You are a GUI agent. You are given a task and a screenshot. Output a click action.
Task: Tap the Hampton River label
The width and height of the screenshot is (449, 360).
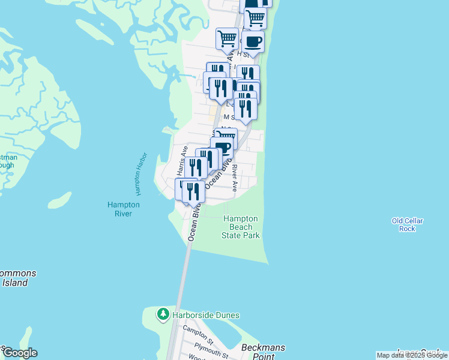pos(124,209)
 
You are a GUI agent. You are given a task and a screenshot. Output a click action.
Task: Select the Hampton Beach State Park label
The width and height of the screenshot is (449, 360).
pos(241,227)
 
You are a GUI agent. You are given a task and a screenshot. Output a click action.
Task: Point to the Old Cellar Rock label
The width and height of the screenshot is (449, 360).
pos(408,224)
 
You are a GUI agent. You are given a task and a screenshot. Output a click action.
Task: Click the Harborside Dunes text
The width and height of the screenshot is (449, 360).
pos(206,315)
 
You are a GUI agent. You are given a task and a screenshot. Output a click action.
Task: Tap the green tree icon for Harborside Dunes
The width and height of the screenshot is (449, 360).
pos(163,314)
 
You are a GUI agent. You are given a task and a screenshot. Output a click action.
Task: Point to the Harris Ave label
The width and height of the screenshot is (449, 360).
pos(180,160)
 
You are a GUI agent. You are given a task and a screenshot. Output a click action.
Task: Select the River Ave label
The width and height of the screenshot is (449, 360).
pos(235,178)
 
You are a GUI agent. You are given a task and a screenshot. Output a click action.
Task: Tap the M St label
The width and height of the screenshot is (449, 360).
pos(228,118)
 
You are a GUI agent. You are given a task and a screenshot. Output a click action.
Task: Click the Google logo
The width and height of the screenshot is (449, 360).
pos(20,353)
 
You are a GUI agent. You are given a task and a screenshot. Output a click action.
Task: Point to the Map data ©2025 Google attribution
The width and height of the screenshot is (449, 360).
pos(412,355)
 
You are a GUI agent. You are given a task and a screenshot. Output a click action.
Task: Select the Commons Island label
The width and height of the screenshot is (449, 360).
pos(16,278)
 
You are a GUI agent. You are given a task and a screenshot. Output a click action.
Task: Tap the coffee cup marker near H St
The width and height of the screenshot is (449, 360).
pos(253,43)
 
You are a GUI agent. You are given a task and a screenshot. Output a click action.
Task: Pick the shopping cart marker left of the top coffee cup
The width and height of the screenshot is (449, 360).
pos(228,39)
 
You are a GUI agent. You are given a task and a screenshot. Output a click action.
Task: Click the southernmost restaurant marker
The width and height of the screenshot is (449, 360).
pos(193,192)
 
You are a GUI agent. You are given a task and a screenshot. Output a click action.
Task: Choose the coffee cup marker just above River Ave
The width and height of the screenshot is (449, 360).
pos(222,148)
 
